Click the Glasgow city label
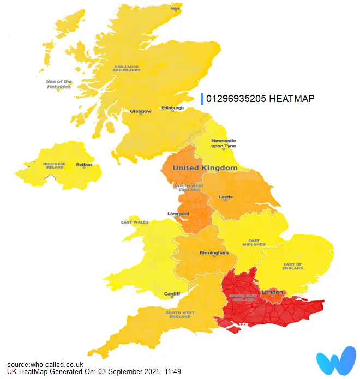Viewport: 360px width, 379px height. [140, 111]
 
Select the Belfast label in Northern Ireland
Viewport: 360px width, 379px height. [84, 164]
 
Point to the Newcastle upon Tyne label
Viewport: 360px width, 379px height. [223, 143]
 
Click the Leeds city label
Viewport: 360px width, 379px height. [225, 197]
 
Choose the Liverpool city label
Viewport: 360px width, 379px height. [178, 213]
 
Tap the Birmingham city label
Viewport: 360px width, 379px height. [213, 253]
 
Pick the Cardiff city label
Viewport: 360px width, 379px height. [172, 294]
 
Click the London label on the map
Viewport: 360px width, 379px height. [272, 292]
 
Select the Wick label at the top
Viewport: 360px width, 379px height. [176, 9]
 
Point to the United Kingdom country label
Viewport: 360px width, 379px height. [205, 168]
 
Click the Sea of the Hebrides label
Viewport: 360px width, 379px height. [59, 84]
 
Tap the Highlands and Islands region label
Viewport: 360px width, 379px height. [126, 69]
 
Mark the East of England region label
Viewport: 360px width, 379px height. [293, 266]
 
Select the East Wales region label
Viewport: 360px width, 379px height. [135, 222]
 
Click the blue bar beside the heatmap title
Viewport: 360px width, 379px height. [202, 98]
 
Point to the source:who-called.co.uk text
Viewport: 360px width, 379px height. [45, 364]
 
